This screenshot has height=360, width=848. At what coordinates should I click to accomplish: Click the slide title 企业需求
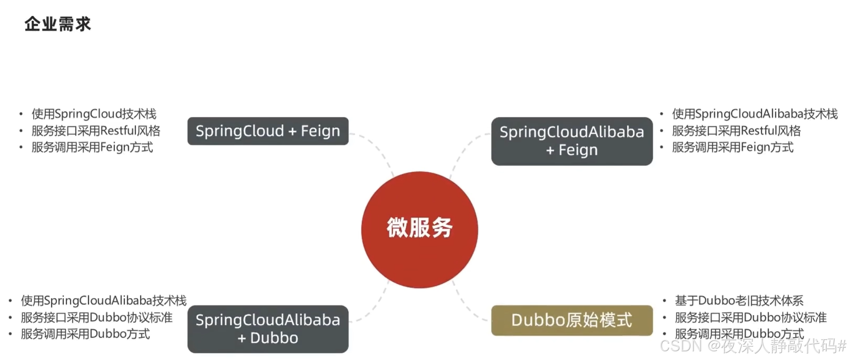tap(58, 24)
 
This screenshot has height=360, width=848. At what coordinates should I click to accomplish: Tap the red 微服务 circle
tap(419, 229)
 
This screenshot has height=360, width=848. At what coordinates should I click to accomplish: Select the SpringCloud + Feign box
tap(268, 131)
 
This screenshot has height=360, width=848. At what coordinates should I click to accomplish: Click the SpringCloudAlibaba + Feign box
tap(572, 141)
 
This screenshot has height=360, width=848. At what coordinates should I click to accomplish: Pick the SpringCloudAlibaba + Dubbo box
tap(268, 329)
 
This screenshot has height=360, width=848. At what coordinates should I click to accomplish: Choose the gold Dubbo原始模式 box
tap(572, 320)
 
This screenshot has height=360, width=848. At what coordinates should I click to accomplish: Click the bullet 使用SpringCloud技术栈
tap(94, 114)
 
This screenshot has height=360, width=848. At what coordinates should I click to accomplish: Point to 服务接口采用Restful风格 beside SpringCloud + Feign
tap(96, 131)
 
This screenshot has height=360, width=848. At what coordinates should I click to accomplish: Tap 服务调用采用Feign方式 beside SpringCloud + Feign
tap(92, 147)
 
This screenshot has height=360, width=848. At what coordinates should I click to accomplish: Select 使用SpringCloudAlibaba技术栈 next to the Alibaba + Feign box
tap(754, 114)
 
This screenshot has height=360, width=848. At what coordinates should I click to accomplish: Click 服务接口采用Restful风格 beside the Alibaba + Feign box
tap(736, 131)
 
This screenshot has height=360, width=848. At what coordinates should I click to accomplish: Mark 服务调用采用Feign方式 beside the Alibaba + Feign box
tap(733, 147)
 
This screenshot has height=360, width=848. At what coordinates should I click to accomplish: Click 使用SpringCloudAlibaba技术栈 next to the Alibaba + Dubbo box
tap(103, 301)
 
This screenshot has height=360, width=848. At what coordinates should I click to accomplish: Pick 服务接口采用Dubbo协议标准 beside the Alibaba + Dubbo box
tap(97, 317)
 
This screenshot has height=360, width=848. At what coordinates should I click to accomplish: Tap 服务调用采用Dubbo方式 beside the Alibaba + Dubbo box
tap(85, 334)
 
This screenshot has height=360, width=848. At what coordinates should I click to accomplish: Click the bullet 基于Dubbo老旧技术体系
tap(739, 301)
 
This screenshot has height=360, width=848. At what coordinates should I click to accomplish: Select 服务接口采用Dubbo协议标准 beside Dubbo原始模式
tap(750, 317)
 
